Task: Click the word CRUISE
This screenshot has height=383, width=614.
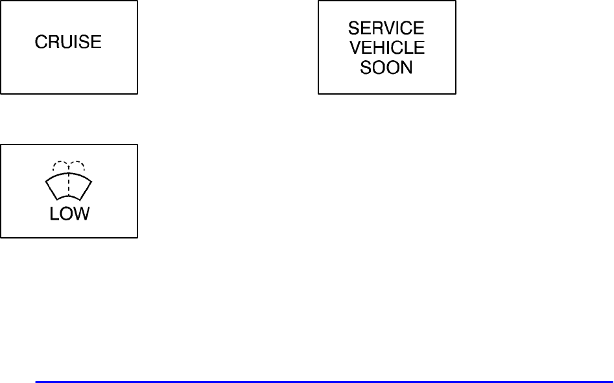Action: point(68,43)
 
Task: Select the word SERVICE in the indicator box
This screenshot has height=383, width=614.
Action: point(386,29)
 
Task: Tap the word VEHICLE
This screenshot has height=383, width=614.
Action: point(386,48)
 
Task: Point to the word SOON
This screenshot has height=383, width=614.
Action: point(386,67)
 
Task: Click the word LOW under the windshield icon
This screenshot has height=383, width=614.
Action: point(69,214)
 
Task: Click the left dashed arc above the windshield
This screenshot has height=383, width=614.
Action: point(60,164)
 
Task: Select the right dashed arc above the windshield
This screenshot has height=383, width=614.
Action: point(77,164)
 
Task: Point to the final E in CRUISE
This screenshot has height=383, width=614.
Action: point(97,43)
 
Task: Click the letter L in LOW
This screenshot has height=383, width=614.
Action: point(54,214)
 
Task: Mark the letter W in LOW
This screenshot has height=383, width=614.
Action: point(82,214)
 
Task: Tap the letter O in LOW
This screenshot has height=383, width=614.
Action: point(67,214)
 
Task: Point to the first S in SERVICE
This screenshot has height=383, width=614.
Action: point(353,29)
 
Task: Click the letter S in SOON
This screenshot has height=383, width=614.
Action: point(365,67)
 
